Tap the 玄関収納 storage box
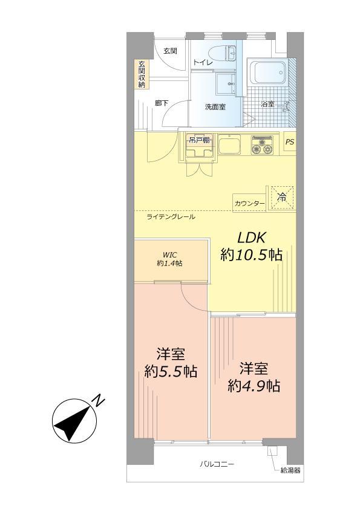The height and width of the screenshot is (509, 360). tap(142, 75)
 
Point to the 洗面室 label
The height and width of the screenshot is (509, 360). tap(215, 106)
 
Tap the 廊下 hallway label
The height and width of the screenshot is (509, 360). tap(161, 103)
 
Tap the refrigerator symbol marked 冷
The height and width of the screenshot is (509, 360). tap(281, 196)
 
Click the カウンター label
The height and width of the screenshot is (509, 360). tap(249, 203)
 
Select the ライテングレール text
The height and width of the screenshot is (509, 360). tap(171, 216)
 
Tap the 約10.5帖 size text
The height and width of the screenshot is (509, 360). tap(251, 255)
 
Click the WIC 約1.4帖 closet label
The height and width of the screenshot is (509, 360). tap(169, 259)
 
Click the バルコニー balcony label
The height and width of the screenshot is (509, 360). tap(217, 464)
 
